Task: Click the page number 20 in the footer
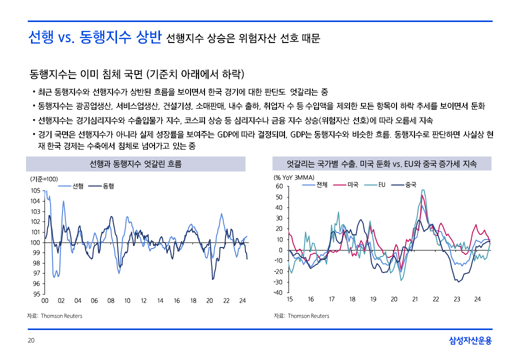point(30,341)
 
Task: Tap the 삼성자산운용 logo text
point(470,341)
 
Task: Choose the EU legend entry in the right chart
point(381,184)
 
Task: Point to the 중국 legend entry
point(410,184)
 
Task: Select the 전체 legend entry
point(322,184)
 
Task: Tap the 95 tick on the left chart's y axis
point(36,294)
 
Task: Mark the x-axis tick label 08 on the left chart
point(110,300)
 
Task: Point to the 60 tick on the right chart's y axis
point(279,186)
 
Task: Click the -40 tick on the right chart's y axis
point(277,292)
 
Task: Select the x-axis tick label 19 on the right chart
point(373,299)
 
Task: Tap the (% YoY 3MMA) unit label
point(293,177)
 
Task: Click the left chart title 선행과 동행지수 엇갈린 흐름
point(135,164)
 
